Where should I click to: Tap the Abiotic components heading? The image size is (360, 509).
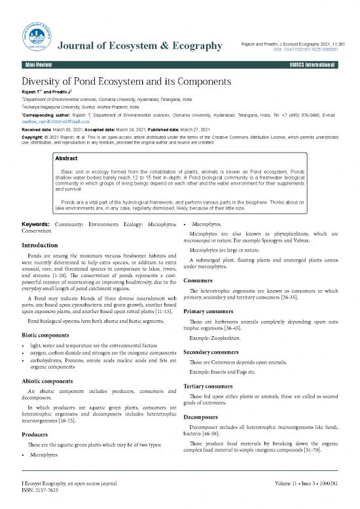52,381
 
